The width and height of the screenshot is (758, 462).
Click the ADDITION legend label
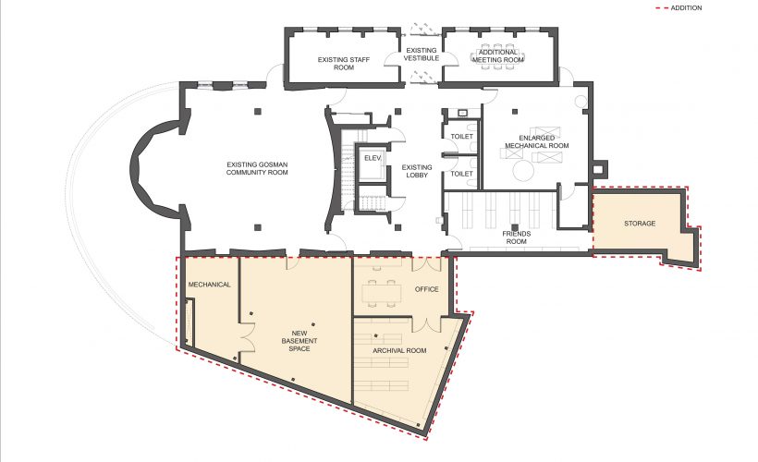coord(686,7)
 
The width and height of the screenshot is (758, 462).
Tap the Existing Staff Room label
coord(344,64)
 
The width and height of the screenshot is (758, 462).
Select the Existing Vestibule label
coord(421,55)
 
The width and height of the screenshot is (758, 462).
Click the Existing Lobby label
coord(417,171)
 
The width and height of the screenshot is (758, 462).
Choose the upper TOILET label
coord(461,137)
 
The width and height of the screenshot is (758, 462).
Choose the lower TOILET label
coord(461,174)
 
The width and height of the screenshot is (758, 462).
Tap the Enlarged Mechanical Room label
coord(536,141)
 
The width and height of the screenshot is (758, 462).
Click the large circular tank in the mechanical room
coord(523,171)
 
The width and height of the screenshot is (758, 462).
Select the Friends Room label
coord(517,237)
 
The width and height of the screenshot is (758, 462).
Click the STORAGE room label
coord(640,224)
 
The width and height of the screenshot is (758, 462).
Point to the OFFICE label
coord(427,289)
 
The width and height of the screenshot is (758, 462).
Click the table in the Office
coord(382,293)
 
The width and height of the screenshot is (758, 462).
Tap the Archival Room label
coord(399,350)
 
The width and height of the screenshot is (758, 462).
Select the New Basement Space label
coord(300,341)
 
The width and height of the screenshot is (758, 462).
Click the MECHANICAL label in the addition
coord(209,285)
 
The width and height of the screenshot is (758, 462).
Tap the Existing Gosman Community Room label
coord(257,168)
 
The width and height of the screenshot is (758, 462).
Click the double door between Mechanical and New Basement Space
coord(247,338)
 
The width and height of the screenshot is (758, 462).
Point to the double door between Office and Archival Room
coord(426,324)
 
